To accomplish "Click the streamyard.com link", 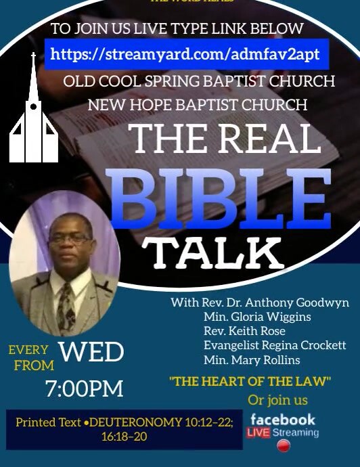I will point(185,53).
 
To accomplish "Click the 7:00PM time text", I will point(85,388).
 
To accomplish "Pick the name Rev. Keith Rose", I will point(244,331).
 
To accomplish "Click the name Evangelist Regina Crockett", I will point(275,345).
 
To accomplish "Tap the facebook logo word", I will point(283,420).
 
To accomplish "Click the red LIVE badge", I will point(261,432).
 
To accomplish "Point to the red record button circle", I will point(284,447).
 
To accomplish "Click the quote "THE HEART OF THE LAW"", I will point(250,382).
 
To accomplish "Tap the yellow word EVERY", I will point(28,350).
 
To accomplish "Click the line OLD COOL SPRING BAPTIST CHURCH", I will point(199,81).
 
